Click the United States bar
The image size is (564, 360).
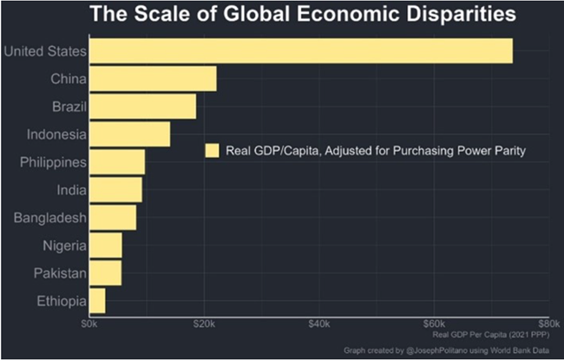tap(300, 50)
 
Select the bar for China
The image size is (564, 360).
tap(153, 79)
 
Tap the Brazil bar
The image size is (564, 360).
tap(142, 107)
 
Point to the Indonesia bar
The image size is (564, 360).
tap(129, 134)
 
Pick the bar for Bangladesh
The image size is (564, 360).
tap(112, 218)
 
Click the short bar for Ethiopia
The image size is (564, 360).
tap(97, 301)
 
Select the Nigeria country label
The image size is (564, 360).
tap(64, 245)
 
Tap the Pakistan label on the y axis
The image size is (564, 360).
tap(62, 273)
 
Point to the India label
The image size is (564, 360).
tap(70, 190)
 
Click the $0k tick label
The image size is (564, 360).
tap(89, 324)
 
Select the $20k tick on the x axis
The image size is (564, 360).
tap(204, 324)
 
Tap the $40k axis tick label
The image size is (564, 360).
tap(318, 324)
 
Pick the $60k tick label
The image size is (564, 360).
tap(434, 324)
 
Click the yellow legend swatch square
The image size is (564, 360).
tap(212, 150)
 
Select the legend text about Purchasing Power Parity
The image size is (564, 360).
tap(376, 150)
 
